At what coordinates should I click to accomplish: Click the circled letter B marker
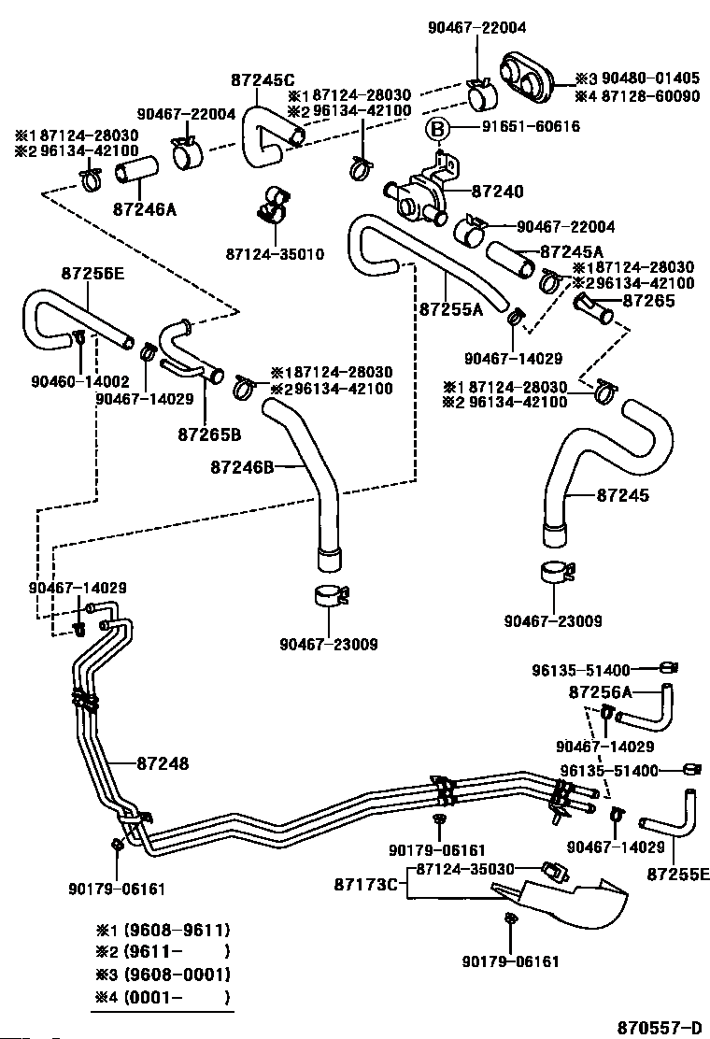[x=437, y=129]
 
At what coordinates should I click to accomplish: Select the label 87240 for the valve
[x=497, y=192]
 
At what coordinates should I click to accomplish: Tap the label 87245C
[x=263, y=80]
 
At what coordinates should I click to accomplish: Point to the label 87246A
[x=145, y=210]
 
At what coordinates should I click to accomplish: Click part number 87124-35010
[x=275, y=254]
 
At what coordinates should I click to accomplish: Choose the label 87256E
[x=92, y=273]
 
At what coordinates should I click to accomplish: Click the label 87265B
[x=209, y=434]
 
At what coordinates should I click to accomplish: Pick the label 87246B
[x=242, y=467]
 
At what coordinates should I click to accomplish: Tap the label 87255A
[x=451, y=309]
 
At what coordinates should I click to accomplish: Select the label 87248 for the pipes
[x=163, y=764]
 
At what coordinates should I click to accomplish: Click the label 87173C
[x=365, y=884]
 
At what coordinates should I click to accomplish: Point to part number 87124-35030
[x=465, y=869]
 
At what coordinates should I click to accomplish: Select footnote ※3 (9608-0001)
[x=163, y=974]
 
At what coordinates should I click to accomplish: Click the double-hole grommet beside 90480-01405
[x=527, y=78]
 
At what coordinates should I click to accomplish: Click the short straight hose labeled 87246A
[x=137, y=170]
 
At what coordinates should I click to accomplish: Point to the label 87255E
[x=678, y=875]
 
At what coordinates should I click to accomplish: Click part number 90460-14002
[x=80, y=381]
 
